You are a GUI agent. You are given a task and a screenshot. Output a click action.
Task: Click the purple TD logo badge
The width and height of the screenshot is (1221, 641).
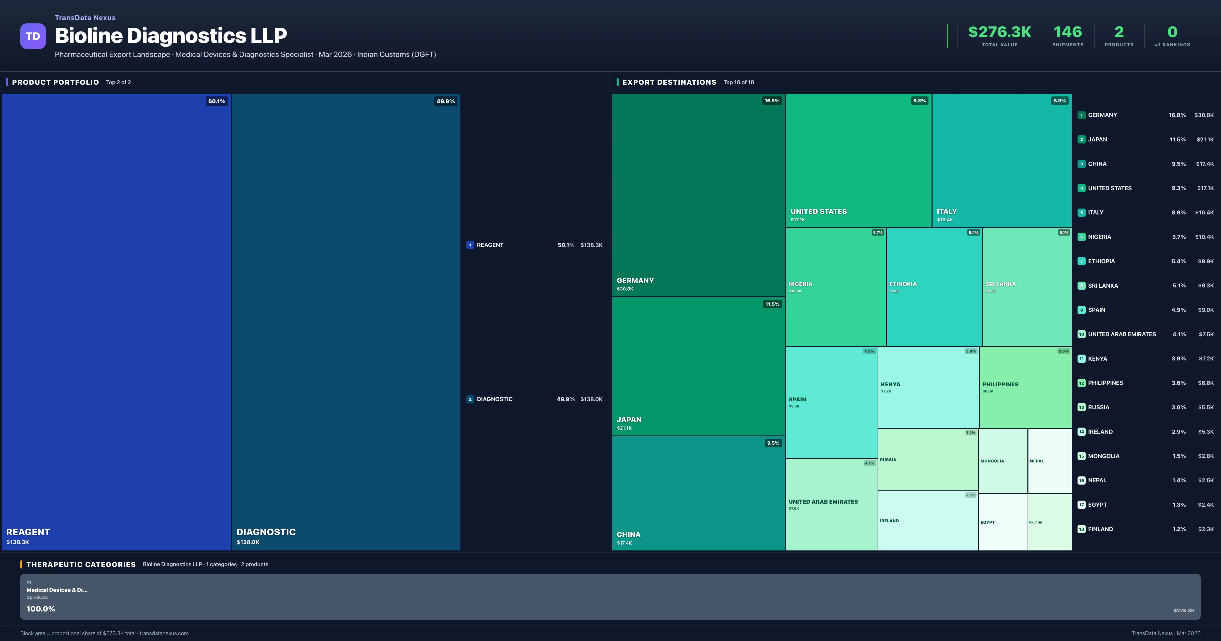pyautogui.click(x=33, y=36)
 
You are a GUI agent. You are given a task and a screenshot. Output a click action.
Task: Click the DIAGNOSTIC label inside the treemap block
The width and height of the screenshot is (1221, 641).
pyautogui.click(x=266, y=532)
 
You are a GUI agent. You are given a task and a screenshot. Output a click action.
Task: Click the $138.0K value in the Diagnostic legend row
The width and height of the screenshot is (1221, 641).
pyautogui.click(x=591, y=399)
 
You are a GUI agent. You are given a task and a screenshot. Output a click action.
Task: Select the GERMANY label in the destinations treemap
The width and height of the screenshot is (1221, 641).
pyautogui.click(x=635, y=281)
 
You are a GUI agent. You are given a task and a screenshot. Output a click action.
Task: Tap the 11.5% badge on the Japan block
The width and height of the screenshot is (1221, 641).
pyautogui.click(x=772, y=304)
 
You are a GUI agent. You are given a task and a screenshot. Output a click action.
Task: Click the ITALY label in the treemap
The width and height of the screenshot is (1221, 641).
pyautogui.click(x=947, y=211)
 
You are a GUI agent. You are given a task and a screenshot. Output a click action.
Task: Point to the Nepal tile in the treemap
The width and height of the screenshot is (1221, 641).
pyautogui.click(x=1049, y=461)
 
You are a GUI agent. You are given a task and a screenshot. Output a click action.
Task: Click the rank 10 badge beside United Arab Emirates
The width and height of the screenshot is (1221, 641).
pyautogui.click(x=1081, y=334)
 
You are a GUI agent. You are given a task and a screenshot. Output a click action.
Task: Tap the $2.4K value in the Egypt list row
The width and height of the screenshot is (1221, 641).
pyautogui.click(x=1205, y=505)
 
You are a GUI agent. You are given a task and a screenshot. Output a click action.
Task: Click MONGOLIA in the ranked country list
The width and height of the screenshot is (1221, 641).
pyautogui.click(x=1103, y=456)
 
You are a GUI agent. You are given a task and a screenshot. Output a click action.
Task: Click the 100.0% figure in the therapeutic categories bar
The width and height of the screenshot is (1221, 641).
pyautogui.click(x=41, y=609)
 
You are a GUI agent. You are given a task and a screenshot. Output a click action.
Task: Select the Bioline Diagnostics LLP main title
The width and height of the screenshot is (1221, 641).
pyautogui.click(x=171, y=36)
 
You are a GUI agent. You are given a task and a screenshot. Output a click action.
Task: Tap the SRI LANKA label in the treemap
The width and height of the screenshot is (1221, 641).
pyautogui.click(x=1000, y=284)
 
